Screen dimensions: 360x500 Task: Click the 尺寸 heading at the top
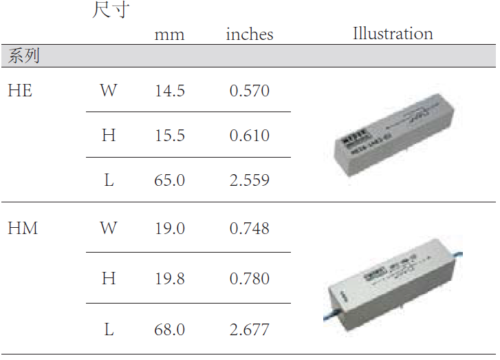[x=110, y=10]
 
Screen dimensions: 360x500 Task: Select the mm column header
[x=169, y=34]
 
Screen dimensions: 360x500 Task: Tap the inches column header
[x=249, y=34]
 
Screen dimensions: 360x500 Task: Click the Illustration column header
[x=393, y=34]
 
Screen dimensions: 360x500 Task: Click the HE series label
[x=20, y=90]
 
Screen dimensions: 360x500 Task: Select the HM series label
[x=23, y=229]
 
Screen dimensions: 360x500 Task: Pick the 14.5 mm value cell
[x=169, y=91]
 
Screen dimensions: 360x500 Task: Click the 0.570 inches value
[x=249, y=91]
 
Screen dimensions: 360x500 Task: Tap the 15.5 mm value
[x=169, y=136]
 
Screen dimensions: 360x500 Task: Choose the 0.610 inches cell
[x=249, y=136]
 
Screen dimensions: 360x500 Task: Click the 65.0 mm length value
[x=169, y=180]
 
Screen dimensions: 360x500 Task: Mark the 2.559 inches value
[x=249, y=180]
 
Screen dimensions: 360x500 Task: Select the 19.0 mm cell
[x=169, y=229]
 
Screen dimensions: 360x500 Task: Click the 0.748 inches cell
[x=249, y=229]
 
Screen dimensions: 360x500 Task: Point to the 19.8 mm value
[x=169, y=279]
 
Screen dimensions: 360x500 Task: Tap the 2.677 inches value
[x=249, y=330]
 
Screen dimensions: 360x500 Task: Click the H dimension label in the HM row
[x=109, y=279]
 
